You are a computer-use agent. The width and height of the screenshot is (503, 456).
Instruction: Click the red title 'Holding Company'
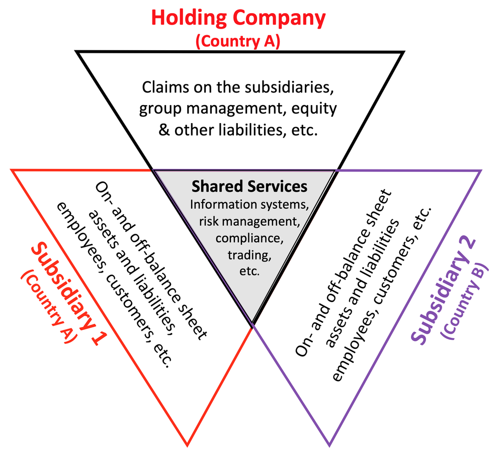pyautogui.click(x=238, y=18)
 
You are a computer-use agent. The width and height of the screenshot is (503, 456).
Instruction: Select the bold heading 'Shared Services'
pyautogui.click(x=249, y=187)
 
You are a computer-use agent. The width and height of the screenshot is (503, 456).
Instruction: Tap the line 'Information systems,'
pyautogui.click(x=249, y=205)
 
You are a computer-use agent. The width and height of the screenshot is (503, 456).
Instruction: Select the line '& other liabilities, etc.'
pyautogui.click(x=238, y=130)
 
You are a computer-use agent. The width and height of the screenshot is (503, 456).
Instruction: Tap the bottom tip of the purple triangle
pyautogui.click(x=329, y=444)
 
